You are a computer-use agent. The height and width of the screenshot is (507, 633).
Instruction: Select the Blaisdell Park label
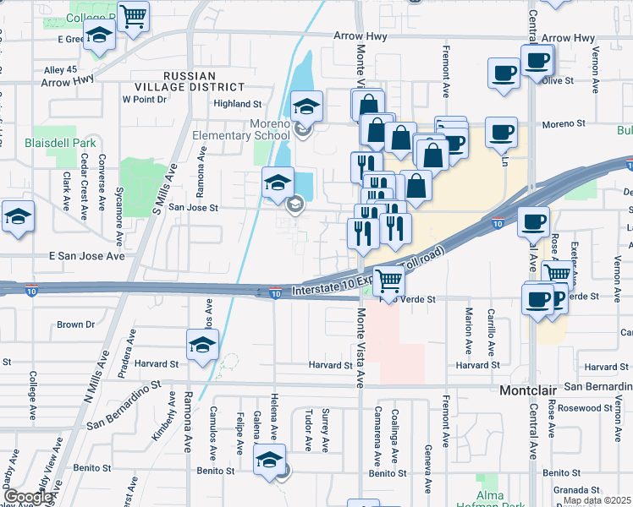tap(60, 143)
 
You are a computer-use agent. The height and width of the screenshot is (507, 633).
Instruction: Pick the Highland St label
tap(238, 104)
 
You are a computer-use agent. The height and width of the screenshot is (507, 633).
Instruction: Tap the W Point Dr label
tap(145, 99)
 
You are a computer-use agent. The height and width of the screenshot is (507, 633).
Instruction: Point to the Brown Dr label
tap(75, 324)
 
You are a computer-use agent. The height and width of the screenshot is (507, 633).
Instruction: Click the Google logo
tap(28, 497)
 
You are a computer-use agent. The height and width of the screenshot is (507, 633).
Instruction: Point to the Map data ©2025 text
tap(597, 501)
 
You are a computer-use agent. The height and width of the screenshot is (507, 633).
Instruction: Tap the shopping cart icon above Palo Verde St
tap(388, 278)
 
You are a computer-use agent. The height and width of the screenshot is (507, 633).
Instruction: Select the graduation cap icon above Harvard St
tap(202, 344)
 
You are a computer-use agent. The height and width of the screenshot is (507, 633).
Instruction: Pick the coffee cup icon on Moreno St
tap(501, 131)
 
